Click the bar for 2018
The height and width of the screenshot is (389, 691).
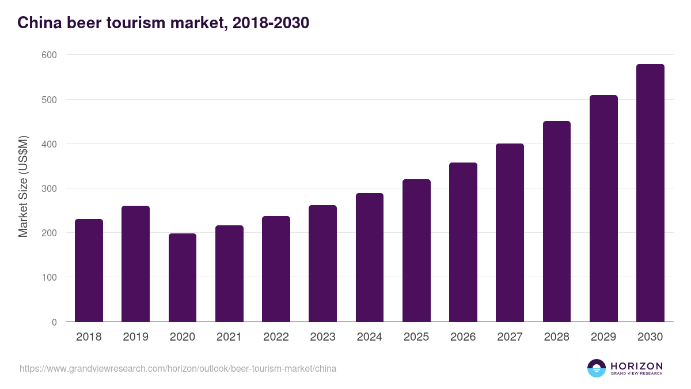[x=89, y=270]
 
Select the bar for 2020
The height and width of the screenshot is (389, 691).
[x=183, y=277]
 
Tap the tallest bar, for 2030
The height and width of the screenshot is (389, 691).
[x=650, y=193]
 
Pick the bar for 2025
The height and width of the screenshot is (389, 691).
[x=416, y=251]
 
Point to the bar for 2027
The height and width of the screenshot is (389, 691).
[x=510, y=233]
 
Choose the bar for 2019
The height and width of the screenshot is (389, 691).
[x=135, y=264]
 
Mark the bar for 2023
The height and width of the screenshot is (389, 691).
[x=322, y=263]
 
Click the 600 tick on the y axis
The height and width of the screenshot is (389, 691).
[x=50, y=55]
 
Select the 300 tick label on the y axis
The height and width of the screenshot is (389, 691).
[x=50, y=188]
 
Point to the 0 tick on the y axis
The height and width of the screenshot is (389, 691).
[x=54, y=322]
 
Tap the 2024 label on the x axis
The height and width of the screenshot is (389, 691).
[x=369, y=337]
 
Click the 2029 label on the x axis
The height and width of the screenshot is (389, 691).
[x=603, y=337]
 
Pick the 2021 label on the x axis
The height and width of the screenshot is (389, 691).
[x=229, y=337]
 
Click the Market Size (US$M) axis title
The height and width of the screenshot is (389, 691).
[x=24, y=187]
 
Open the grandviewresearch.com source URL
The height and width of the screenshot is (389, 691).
[x=178, y=368]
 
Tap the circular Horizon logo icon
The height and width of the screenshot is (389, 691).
[x=597, y=368]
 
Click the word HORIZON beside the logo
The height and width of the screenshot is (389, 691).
[x=636, y=365]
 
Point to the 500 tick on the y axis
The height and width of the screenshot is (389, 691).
[x=50, y=100]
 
